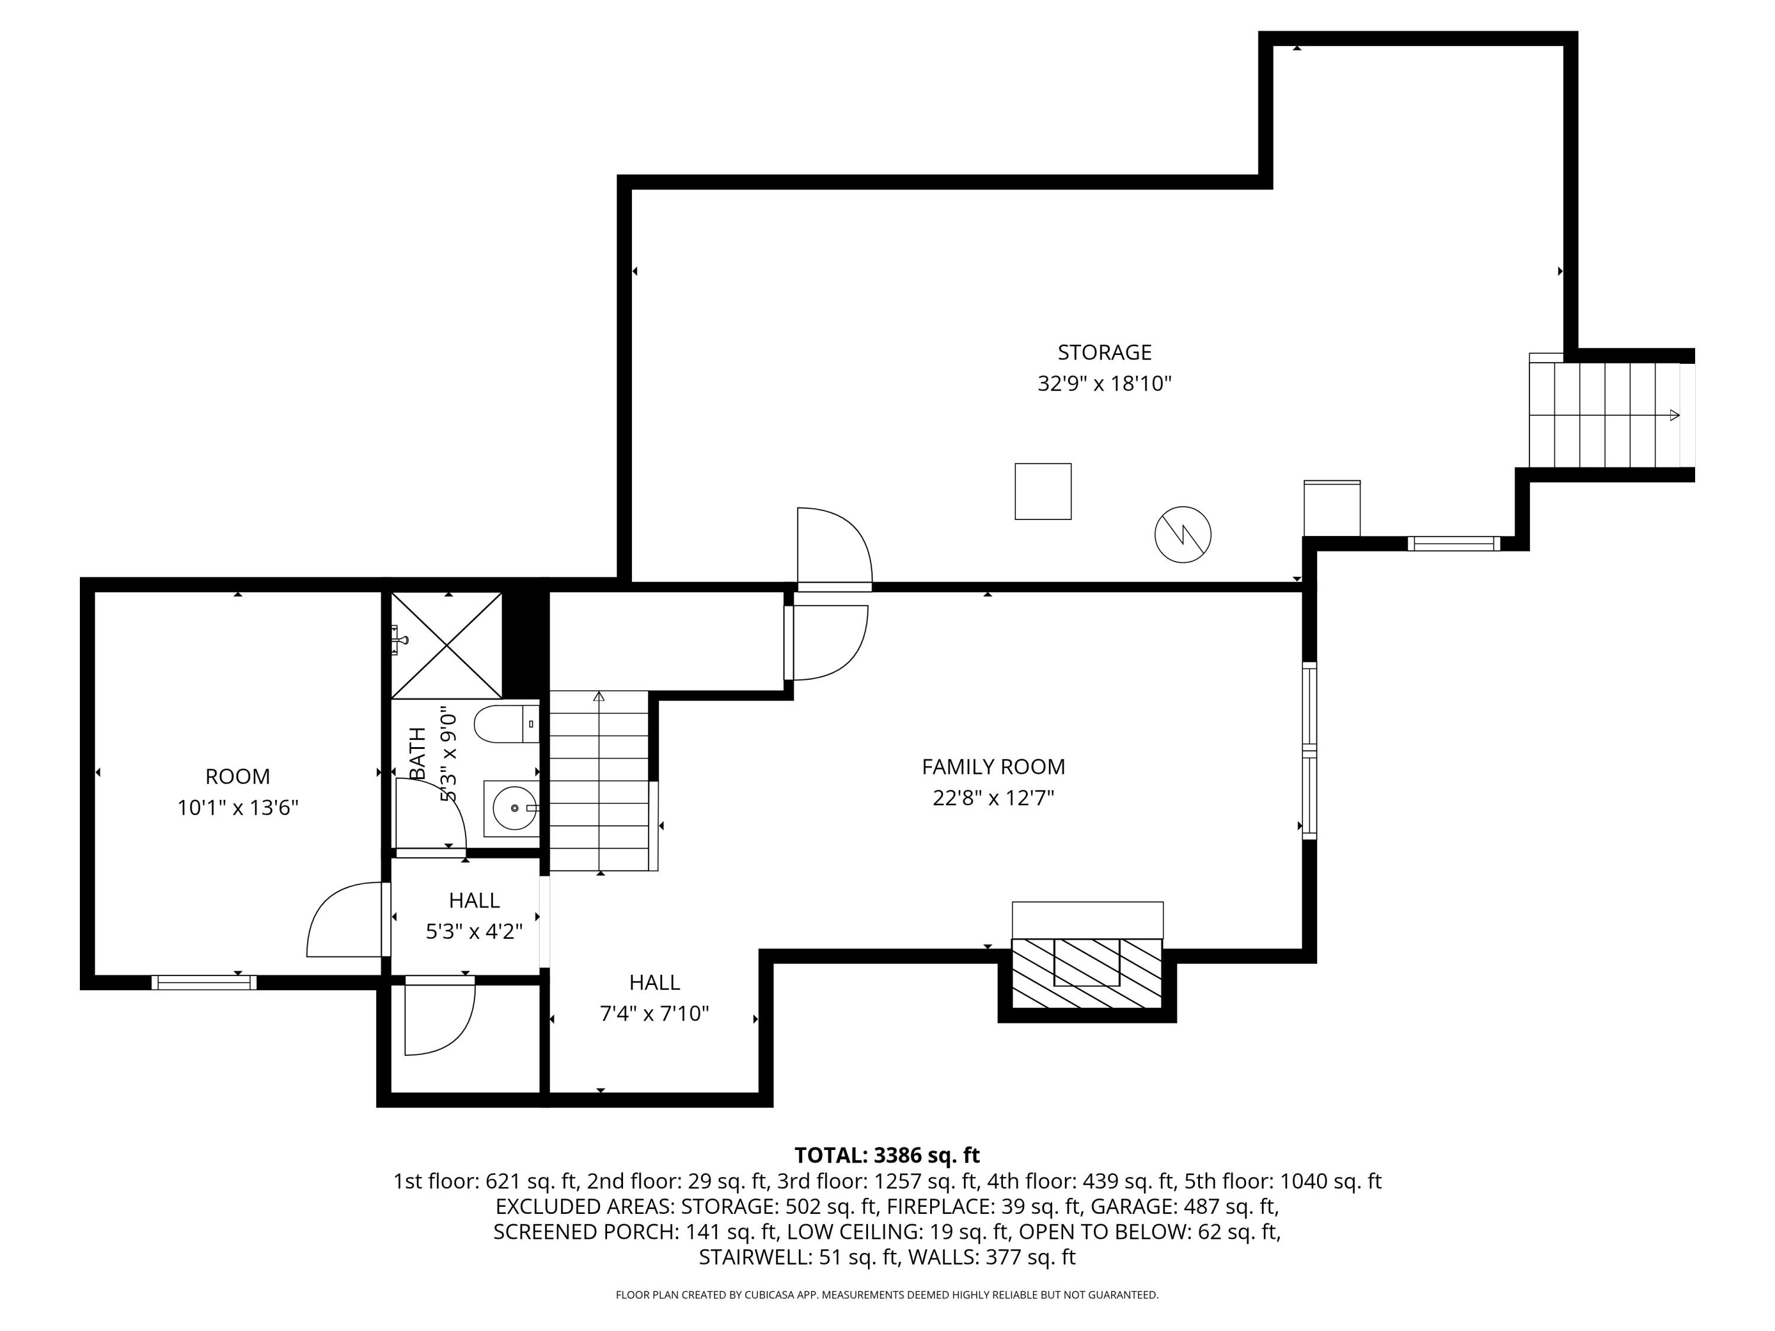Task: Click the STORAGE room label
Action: coord(1104,352)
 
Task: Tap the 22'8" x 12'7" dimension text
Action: coord(993,798)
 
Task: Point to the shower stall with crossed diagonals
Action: coord(446,645)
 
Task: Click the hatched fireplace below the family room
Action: coord(1086,973)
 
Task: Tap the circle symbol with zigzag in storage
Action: coord(1182,534)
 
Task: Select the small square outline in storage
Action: coord(1043,491)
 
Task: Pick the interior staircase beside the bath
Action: coord(599,780)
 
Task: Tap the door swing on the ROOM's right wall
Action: coord(345,921)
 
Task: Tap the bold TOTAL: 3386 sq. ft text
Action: coord(887,1155)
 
